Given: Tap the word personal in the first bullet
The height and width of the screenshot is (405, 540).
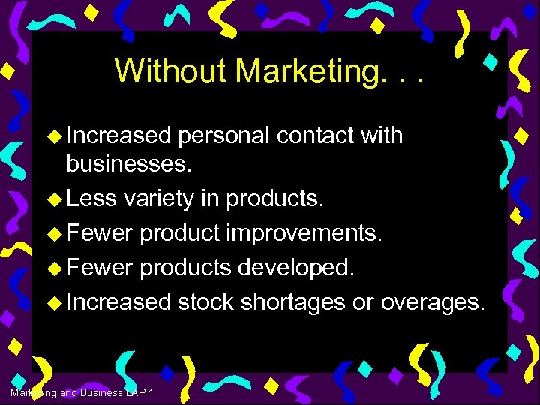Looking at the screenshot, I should (224, 136).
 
